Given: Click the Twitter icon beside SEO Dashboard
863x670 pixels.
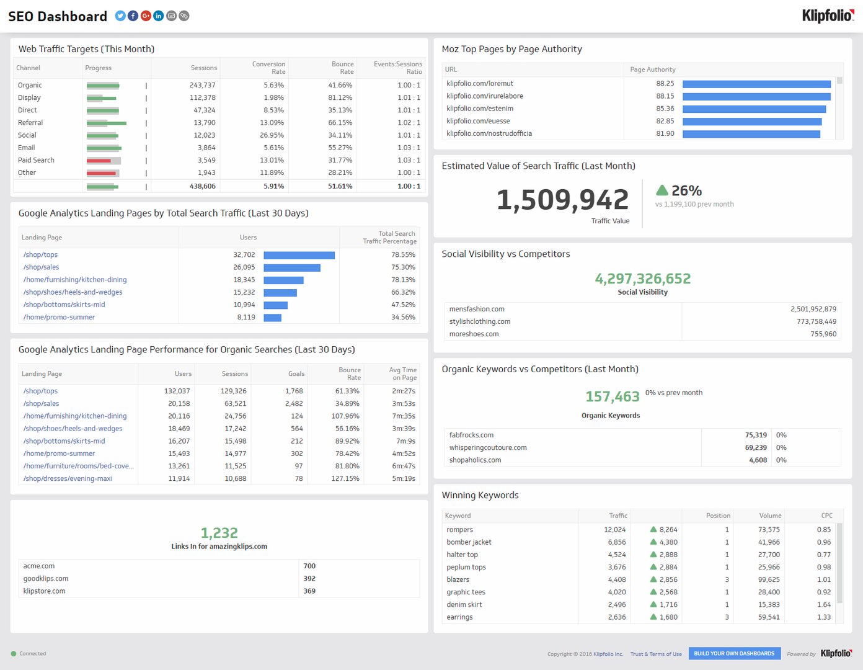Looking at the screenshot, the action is click(120, 16).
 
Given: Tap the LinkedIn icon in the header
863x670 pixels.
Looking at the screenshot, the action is click(159, 16).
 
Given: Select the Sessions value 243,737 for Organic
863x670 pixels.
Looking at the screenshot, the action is click(203, 85).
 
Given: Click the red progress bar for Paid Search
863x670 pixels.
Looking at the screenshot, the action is click(99, 161).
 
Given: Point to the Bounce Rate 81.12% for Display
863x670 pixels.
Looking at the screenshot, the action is click(340, 98).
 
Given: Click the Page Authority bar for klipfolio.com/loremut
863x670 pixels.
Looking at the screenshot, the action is click(756, 84).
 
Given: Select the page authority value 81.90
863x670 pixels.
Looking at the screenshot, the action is click(665, 133).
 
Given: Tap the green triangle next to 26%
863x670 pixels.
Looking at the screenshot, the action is click(662, 190).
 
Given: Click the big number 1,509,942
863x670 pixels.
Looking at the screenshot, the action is click(563, 200).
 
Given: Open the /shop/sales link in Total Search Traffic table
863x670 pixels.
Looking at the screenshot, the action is click(41, 267).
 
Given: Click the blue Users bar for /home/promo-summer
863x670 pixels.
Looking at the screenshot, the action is click(272, 318).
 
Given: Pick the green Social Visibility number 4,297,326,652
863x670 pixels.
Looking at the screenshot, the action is click(642, 279).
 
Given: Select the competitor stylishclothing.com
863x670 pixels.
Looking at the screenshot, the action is click(480, 321).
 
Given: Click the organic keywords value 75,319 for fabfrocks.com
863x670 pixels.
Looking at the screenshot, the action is click(756, 435).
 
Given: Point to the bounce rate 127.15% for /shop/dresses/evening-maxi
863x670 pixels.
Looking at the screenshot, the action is click(345, 478).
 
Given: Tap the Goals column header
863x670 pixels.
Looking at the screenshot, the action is click(296, 373).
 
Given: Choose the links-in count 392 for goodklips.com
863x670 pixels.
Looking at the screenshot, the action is click(309, 579).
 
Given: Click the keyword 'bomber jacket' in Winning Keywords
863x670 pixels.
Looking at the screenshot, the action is click(469, 542).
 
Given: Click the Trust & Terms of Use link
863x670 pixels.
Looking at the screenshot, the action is click(656, 654).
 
